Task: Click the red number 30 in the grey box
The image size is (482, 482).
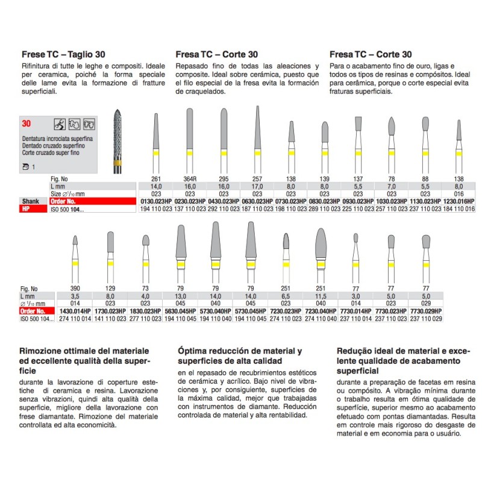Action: (27, 123)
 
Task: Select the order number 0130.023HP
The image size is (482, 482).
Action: (155, 201)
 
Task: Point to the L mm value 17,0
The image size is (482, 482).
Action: (257, 188)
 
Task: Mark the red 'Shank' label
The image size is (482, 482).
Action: (30, 201)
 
